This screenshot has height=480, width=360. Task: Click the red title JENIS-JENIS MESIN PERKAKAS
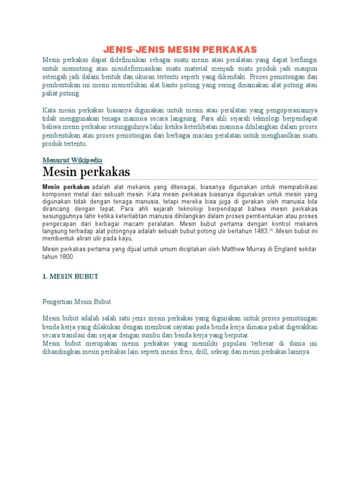pos(180,50)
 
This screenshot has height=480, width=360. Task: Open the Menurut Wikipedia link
pos(72,160)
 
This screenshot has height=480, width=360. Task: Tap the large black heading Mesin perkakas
pos(86,172)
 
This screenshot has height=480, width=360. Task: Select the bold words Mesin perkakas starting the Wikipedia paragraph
pos(66,187)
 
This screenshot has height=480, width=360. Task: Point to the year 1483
pos(260,231)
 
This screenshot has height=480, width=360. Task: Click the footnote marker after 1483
pos(271,230)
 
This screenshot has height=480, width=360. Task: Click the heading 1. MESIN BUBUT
pos(70,277)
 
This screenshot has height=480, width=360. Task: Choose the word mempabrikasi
pos(298,187)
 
